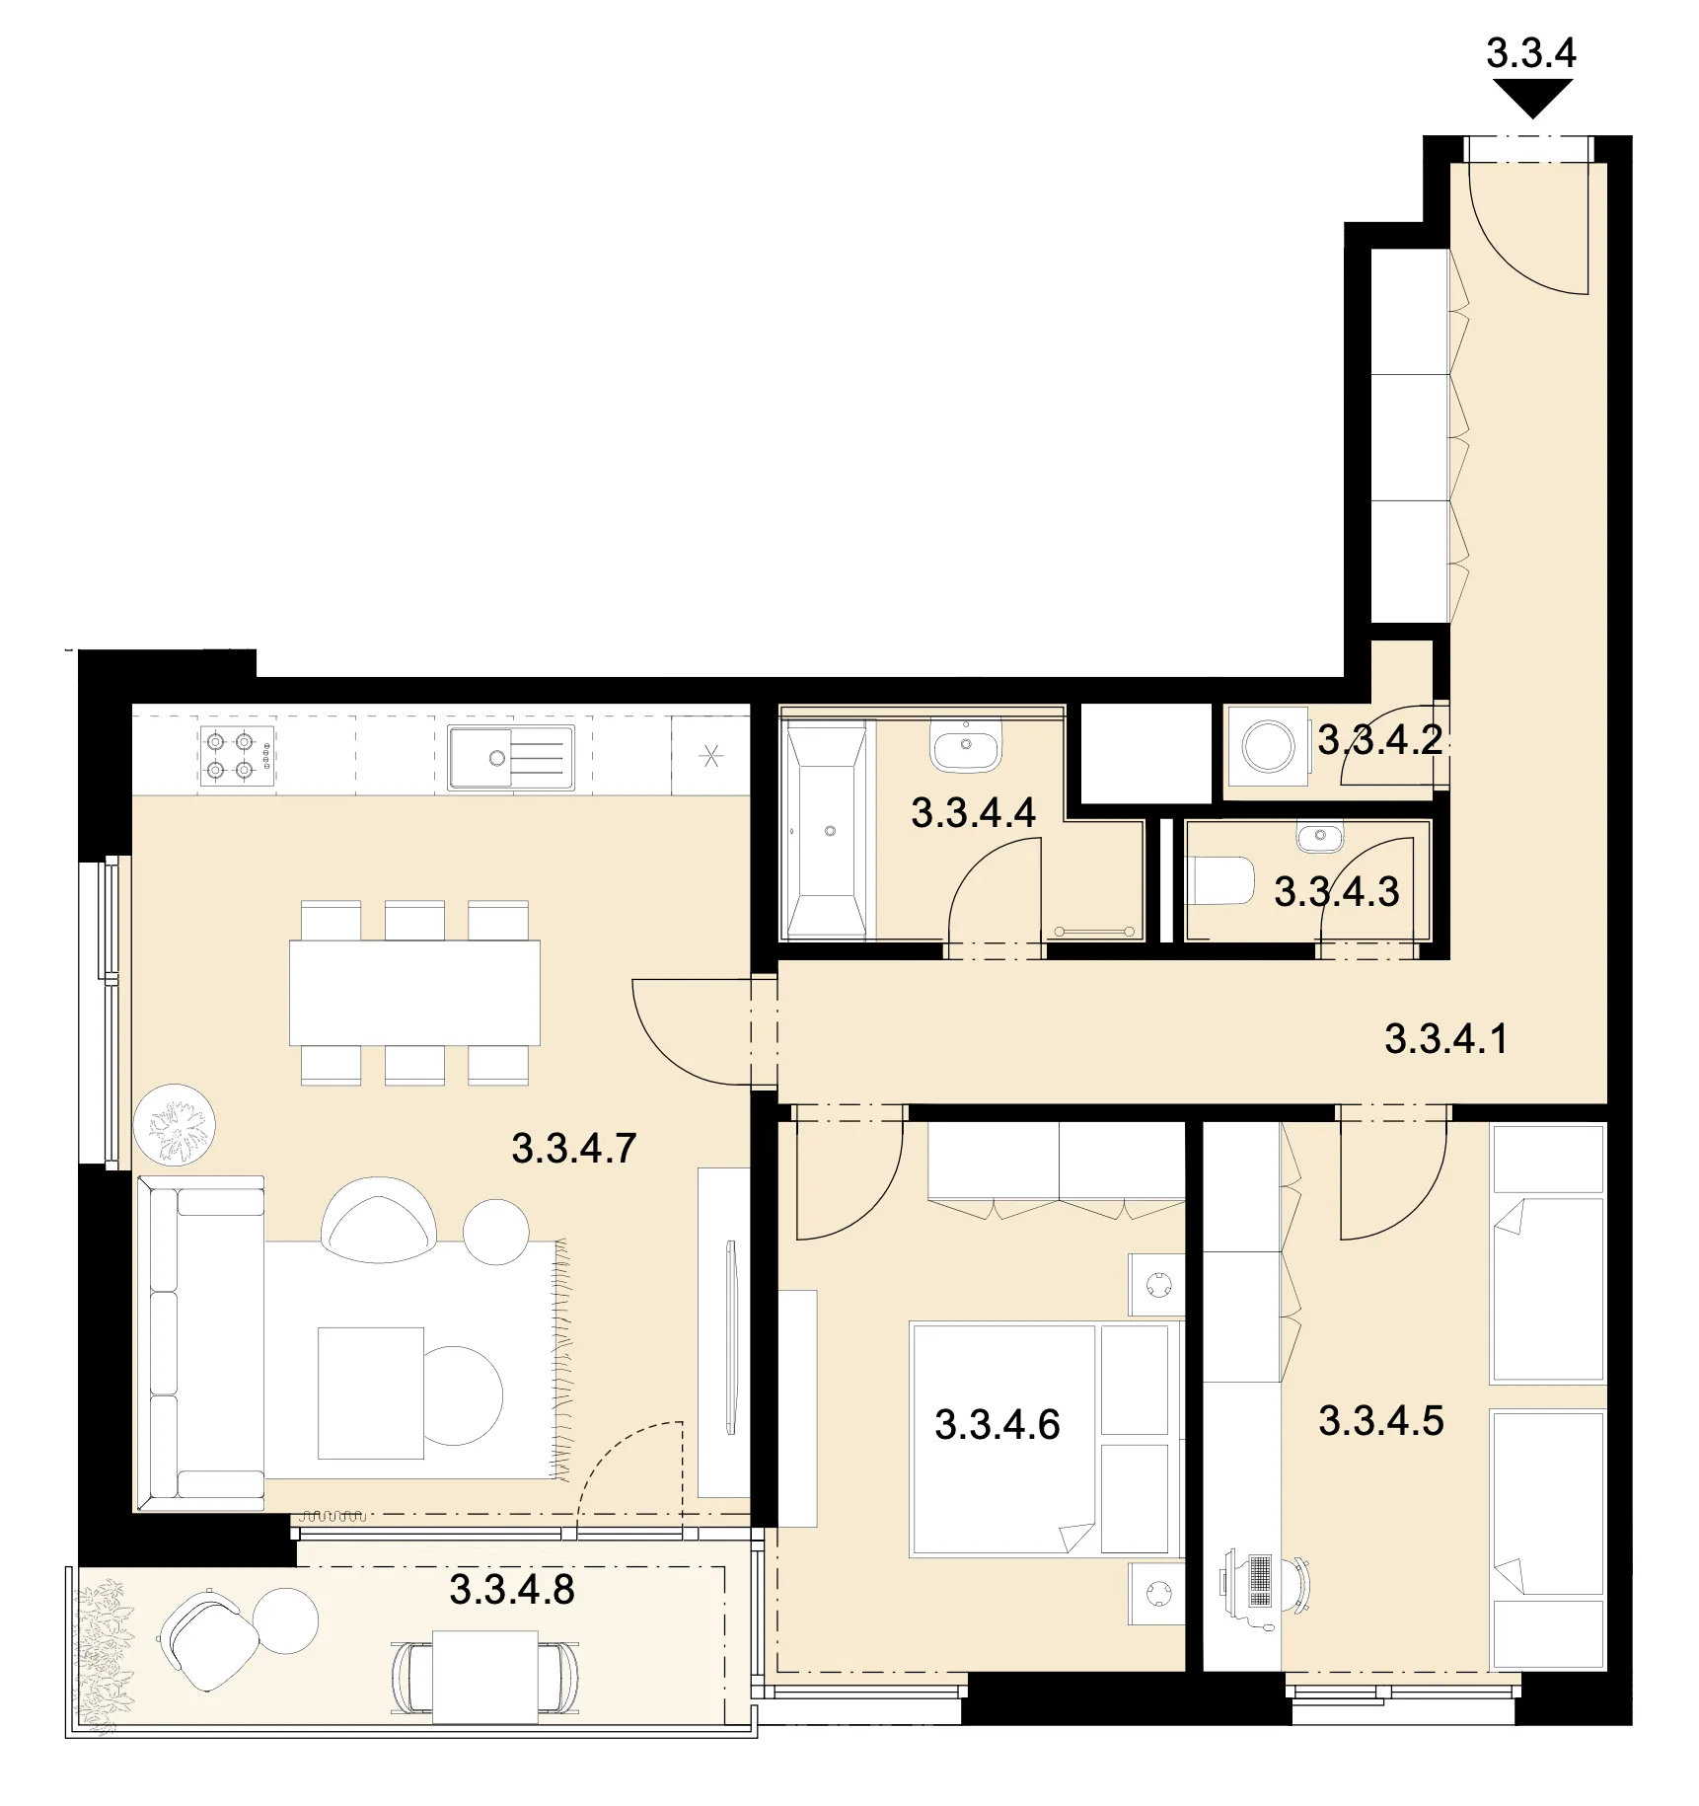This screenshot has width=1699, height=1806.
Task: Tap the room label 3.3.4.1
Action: tap(1446, 1039)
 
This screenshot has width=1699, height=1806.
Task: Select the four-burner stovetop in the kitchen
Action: tap(238, 756)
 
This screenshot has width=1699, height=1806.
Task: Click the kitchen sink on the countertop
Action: tap(511, 757)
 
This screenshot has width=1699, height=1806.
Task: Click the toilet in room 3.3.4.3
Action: tap(1221, 880)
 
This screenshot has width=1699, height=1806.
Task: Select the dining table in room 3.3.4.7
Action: tap(414, 993)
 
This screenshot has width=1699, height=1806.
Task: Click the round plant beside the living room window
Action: tap(176, 1125)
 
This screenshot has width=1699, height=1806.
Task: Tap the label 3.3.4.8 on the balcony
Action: tap(512, 1590)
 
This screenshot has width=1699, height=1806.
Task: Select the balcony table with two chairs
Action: tap(484, 1678)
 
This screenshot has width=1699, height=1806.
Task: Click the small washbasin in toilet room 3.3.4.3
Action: tap(1319, 839)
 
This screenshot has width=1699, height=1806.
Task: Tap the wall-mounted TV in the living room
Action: tap(730, 1337)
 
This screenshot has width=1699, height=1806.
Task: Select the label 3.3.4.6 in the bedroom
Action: tap(997, 1425)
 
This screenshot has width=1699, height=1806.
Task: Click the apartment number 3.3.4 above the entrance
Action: tap(1531, 53)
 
